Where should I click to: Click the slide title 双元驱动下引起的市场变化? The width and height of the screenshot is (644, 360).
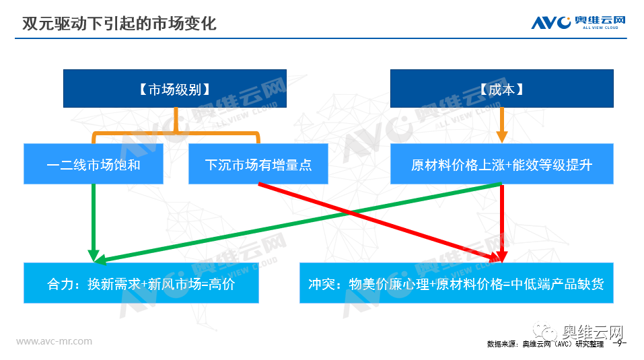[119, 24]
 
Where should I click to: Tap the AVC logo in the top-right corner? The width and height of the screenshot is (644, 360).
[578, 22]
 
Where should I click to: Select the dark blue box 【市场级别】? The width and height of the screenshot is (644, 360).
[175, 89]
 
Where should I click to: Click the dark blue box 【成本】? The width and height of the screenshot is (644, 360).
[501, 89]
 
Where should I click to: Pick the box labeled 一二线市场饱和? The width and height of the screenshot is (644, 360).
[94, 164]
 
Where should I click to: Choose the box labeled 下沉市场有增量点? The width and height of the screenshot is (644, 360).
[258, 164]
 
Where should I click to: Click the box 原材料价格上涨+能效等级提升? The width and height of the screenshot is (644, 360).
[501, 164]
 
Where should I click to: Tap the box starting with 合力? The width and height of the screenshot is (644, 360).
[141, 283]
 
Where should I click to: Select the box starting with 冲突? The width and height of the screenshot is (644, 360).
[456, 283]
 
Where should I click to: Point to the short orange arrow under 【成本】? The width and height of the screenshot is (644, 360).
[501, 125]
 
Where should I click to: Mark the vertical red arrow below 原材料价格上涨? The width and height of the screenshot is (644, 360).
[502, 223]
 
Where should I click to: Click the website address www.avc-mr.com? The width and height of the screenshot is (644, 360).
[55, 341]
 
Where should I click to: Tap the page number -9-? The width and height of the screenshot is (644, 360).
[619, 343]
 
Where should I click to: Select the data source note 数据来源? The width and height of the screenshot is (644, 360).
[546, 344]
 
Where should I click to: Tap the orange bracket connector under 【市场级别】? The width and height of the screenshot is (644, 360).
[176, 132]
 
